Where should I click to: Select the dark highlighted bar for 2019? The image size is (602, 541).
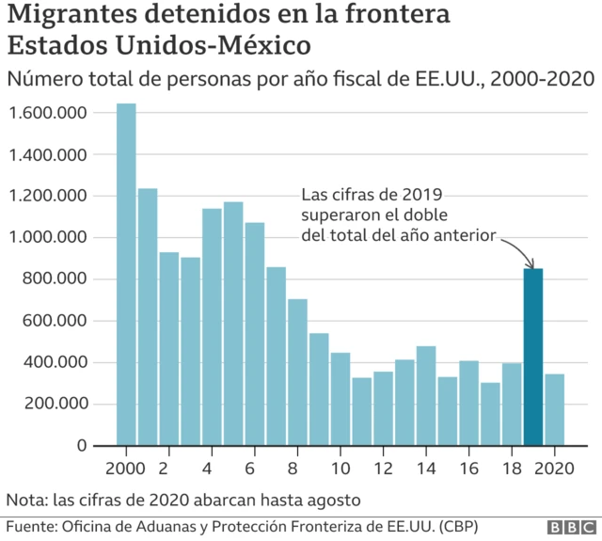tap(533, 357)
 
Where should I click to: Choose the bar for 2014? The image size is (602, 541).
tap(426, 395)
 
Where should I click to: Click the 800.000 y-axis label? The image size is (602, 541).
tap(55, 279)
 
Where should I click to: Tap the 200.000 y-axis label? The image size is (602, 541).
tap(55, 404)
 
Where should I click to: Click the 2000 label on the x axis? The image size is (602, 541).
tap(126, 468)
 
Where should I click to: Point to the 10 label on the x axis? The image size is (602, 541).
tap(341, 468)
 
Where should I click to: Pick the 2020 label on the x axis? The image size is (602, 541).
tap(555, 468)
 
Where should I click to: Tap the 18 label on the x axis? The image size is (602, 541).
tap(512, 468)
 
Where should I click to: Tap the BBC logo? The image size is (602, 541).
tap(568, 527)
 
